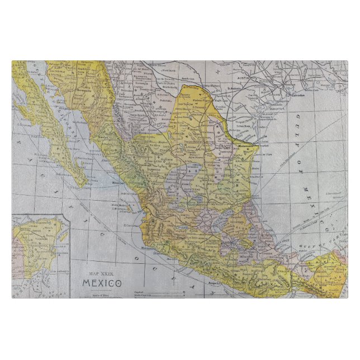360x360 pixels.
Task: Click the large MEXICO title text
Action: (x=102, y=282)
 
